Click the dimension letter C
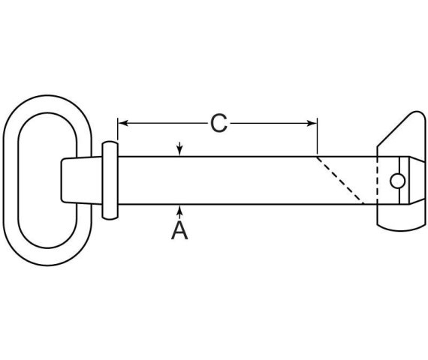219,124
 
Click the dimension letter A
179,230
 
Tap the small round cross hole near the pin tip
397,181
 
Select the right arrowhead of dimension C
312,123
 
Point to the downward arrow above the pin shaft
179,148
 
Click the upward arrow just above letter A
179,212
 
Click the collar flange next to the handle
110,180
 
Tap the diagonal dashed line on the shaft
340,180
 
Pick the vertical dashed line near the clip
377,180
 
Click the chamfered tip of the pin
417,180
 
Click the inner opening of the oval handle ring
47,180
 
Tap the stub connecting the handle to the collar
82,180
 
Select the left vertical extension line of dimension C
118,130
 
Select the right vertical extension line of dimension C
317,136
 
